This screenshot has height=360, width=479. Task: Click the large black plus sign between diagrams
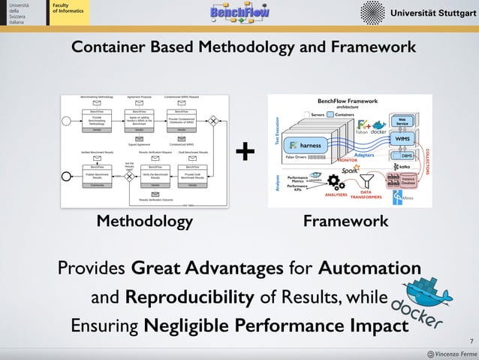(246, 153)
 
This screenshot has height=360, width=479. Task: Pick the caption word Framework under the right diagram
(345, 221)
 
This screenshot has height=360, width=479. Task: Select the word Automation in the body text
(370, 269)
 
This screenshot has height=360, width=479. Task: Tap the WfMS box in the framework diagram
(402, 139)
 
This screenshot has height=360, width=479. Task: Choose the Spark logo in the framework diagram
(349, 171)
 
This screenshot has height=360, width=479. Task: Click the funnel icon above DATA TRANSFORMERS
(367, 180)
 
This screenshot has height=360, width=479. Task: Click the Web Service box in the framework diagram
(402, 122)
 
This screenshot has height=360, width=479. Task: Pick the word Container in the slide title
(109, 48)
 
